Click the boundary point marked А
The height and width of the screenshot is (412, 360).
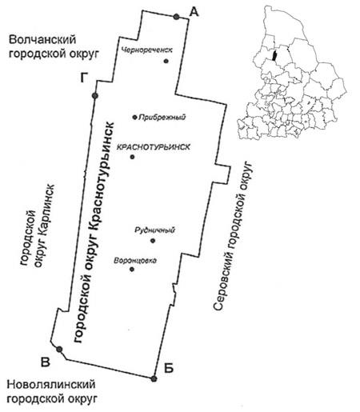click(x=176, y=17)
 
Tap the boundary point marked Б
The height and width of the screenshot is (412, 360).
click(x=154, y=378)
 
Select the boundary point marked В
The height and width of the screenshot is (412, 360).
click(x=59, y=349)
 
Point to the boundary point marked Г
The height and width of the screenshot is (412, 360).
click(x=95, y=96)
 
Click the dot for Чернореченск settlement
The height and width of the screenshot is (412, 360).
click(x=166, y=61)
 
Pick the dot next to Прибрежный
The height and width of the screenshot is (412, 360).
click(x=135, y=117)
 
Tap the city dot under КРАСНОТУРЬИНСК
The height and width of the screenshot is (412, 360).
click(x=132, y=157)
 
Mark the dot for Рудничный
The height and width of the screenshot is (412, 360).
click(x=153, y=241)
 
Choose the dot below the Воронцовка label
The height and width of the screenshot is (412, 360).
click(x=132, y=270)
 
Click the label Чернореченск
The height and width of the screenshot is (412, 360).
click(x=147, y=50)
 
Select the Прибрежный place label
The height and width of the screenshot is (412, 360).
click(x=162, y=117)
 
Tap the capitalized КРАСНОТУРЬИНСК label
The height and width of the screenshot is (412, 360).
click(x=154, y=147)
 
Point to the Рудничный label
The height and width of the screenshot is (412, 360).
click(x=155, y=230)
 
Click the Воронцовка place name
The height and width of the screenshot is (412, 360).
click(x=135, y=261)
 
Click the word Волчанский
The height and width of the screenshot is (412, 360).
click(x=42, y=40)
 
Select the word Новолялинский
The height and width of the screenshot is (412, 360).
click(x=51, y=385)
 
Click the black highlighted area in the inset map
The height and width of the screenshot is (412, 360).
click(x=274, y=55)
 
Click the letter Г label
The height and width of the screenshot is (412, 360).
click(x=84, y=78)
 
